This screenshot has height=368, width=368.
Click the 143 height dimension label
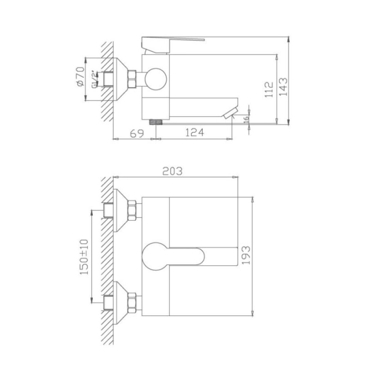pos(283,87)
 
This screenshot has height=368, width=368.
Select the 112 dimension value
pos(269,90)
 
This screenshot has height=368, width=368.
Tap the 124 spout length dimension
pos(195,133)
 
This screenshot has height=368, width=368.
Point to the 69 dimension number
pos(137,134)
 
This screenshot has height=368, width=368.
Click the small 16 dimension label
pos(246,119)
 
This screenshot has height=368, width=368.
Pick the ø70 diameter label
pos(81,76)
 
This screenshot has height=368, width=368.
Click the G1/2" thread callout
pos(94,79)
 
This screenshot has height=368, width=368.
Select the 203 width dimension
pos(172,171)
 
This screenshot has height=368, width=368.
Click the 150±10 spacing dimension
pos(84,257)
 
